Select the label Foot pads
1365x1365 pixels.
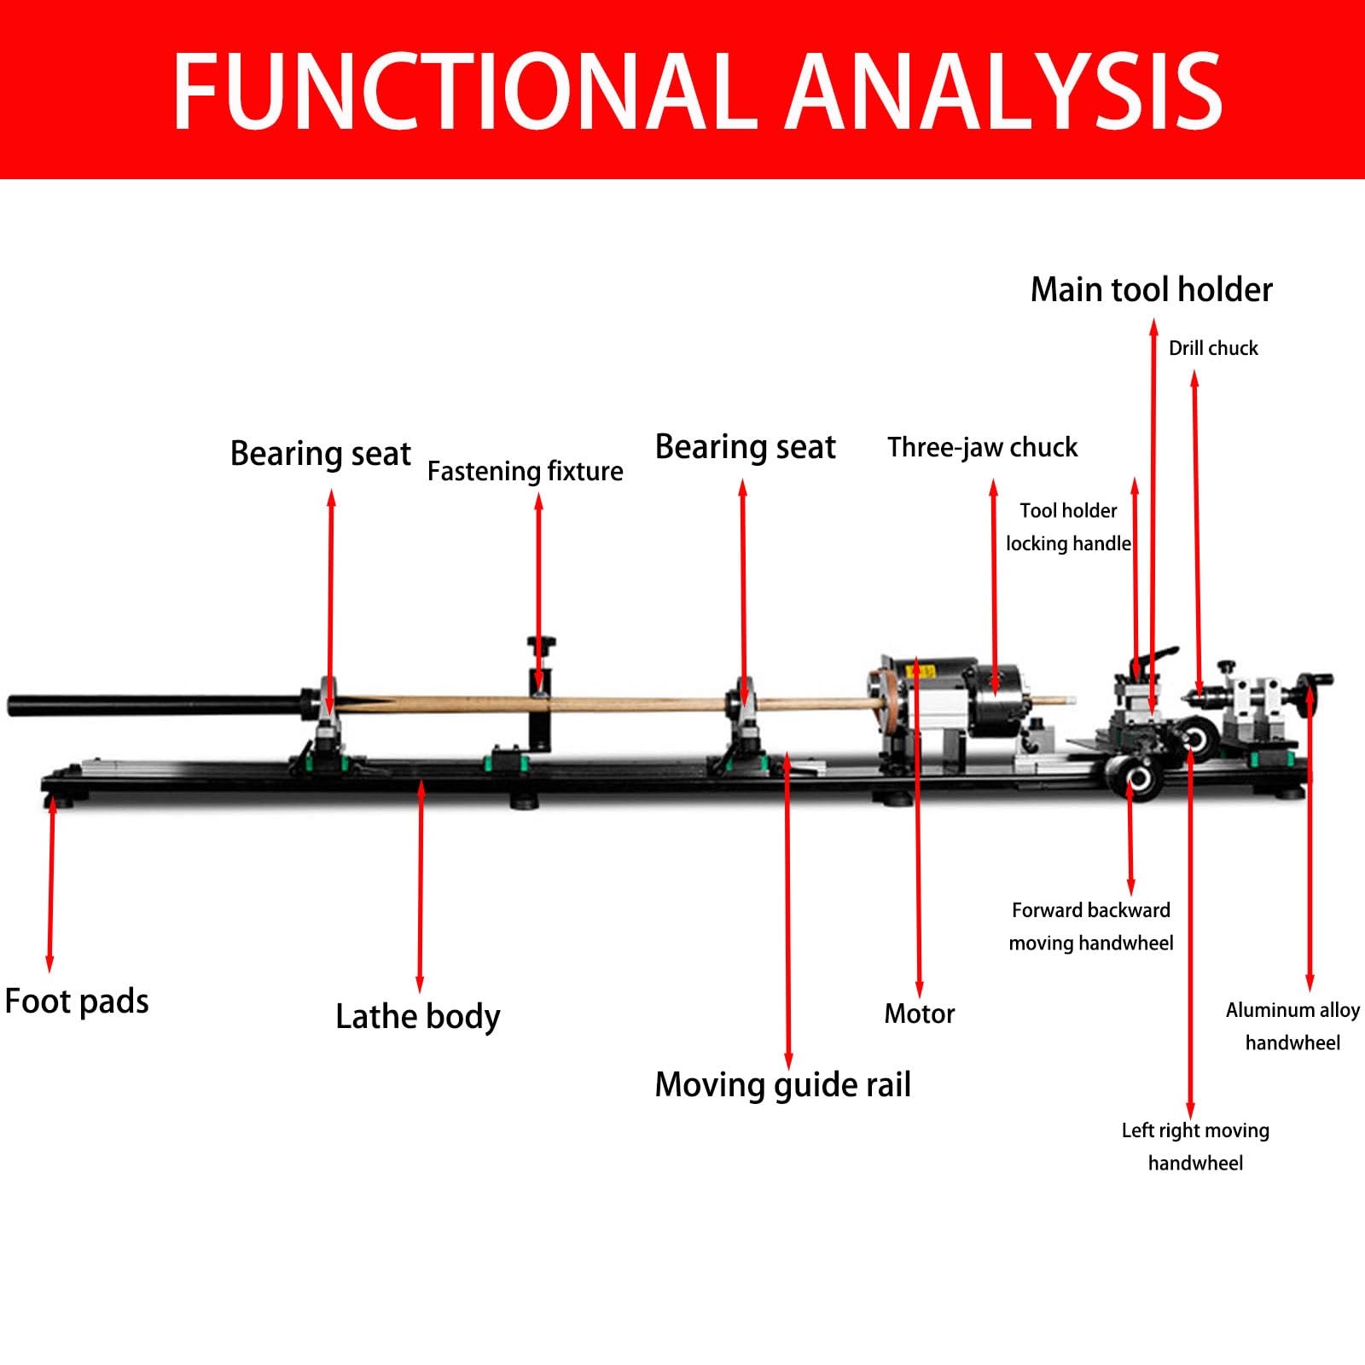77,1002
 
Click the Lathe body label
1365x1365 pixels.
418,1017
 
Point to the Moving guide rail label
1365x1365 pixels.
782,1085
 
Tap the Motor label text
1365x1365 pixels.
920,1014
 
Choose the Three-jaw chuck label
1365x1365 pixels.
982,448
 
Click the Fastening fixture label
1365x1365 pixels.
525,471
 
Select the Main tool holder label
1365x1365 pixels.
1152,290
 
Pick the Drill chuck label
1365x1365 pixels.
1213,348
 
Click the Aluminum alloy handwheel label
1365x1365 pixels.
1292,1026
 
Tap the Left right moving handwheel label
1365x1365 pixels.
1195,1147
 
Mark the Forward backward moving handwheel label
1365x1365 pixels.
1091,926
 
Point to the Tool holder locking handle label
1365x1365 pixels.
1068,527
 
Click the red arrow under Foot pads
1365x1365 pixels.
51,884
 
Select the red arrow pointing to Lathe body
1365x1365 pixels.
420,886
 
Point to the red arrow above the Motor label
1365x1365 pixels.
918,827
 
